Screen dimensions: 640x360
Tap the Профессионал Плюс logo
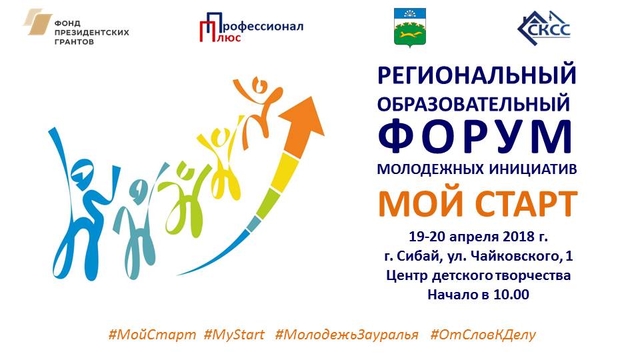[251, 27]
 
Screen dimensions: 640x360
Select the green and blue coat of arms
[410, 27]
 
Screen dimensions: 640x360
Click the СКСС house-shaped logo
[544, 27]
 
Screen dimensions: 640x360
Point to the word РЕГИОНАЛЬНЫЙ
[477, 75]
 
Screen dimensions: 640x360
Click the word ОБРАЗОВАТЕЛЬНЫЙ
[473, 103]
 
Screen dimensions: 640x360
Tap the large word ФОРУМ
[476, 136]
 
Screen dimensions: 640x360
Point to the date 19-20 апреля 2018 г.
[478, 237]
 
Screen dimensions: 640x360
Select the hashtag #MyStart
[234, 335]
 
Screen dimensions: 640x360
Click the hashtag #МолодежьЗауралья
[347, 335]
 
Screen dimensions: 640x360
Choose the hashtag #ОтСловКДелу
[483, 335]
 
